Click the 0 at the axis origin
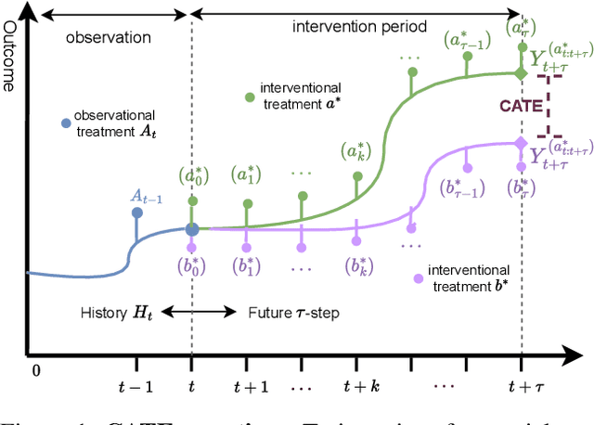37,369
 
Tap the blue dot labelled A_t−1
137,212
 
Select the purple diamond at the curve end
520,143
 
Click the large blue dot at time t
192,228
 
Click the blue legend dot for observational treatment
65,122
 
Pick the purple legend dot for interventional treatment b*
419,277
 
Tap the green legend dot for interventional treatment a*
249,97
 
